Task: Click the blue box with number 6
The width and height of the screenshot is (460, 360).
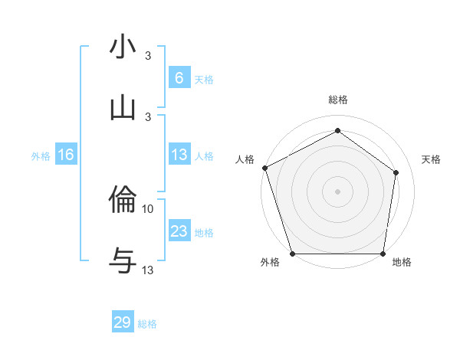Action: (x=179, y=77)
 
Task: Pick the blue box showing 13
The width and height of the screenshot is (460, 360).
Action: (x=179, y=155)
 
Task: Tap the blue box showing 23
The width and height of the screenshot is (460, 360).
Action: (x=179, y=231)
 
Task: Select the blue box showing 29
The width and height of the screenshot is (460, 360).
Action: (x=123, y=322)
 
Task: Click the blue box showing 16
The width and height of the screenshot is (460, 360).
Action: (x=66, y=155)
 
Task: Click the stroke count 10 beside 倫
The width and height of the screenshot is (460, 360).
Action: (x=148, y=208)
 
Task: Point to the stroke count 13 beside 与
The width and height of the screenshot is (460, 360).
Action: (x=148, y=270)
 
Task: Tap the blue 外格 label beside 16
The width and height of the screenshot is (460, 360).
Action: (x=41, y=155)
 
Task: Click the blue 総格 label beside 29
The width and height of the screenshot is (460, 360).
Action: (x=147, y=323)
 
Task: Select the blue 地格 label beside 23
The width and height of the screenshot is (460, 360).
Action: (x=204, y=232)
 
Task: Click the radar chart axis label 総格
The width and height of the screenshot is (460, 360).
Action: (x=337, y=100)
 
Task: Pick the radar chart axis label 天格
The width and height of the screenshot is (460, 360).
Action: (x=432, y=159)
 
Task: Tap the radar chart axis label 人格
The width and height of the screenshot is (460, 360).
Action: (x=245, y=159)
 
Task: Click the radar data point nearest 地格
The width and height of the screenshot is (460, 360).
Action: (x=383, y=254)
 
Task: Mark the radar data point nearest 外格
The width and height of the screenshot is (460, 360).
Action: (x=292, y=254)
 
